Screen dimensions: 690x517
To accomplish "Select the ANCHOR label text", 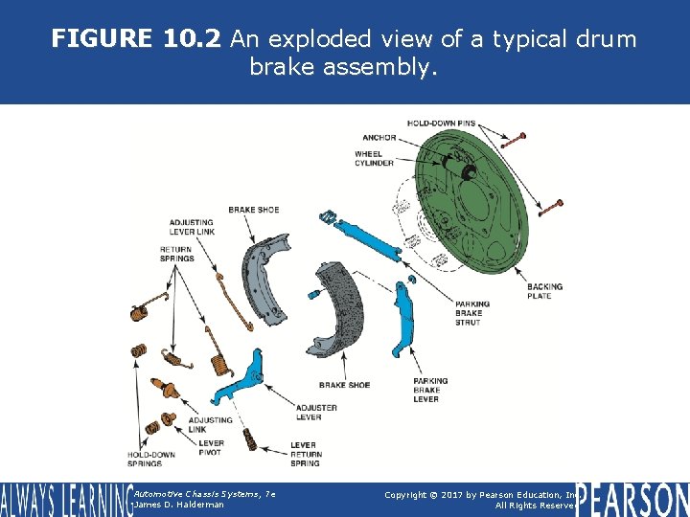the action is click(379, 137).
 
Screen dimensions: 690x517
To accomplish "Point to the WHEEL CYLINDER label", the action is click(374, 158).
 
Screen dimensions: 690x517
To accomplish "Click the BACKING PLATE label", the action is click(544, 291).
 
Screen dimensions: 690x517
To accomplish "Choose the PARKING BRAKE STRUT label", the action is click(472, 313).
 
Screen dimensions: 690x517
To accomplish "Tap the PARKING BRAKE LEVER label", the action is click(430, 390).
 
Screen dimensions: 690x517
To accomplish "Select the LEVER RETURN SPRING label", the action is click(306, 454).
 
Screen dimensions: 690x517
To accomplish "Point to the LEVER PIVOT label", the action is click(210, 448).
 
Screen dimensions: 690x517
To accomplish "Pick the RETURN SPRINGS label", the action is click(176, 254).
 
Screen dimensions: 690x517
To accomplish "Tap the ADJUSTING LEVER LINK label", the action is click(192, 226).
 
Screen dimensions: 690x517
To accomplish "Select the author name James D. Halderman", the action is click(179, 505).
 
